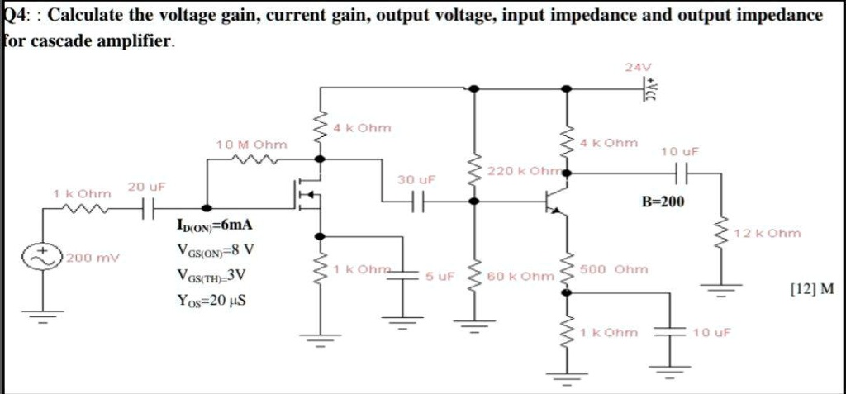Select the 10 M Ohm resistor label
coord(251,145)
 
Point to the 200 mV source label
coord(93,258)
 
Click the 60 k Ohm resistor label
coord(520,276)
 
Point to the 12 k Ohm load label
coord(767,234)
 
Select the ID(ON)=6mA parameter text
coord(215,225)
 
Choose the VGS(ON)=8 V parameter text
coord(215,249)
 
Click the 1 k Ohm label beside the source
coord(81,193)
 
